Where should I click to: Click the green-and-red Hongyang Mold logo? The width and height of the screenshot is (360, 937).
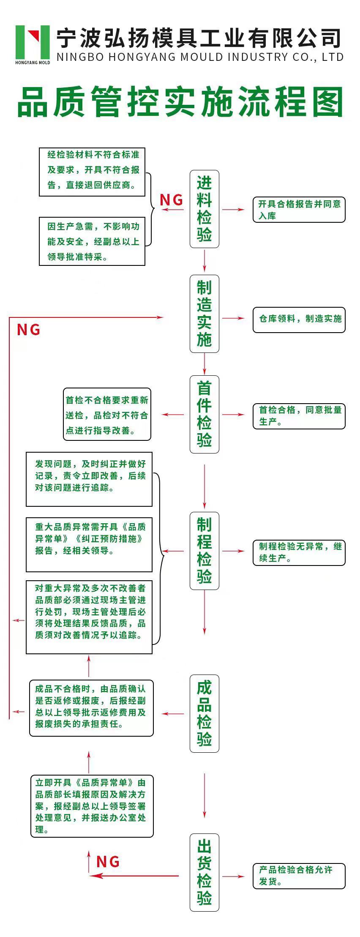33,44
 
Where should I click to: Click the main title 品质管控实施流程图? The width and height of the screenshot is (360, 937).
180,102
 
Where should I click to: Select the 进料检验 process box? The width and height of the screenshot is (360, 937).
205,209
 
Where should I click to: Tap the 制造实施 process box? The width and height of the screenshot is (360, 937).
205,314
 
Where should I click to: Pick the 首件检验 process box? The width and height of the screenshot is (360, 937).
205,414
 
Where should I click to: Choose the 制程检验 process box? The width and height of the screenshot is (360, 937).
205,551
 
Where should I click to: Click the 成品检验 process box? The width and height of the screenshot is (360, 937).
205,713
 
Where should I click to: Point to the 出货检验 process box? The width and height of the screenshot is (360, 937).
205,872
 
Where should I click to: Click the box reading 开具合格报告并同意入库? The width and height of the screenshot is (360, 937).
299,210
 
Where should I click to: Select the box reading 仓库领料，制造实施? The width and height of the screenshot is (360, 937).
299,320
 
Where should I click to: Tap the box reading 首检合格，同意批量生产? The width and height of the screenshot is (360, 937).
299,416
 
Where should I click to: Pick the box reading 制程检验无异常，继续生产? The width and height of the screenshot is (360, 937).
299,552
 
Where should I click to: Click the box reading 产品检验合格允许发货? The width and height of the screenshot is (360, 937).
299,876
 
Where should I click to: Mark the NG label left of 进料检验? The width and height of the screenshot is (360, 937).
172,199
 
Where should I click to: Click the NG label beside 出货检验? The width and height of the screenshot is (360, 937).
108,861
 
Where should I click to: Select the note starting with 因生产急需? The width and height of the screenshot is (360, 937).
92,241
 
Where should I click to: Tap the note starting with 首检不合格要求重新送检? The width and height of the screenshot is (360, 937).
107,414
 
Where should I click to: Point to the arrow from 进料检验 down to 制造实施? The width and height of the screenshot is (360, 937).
205,261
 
